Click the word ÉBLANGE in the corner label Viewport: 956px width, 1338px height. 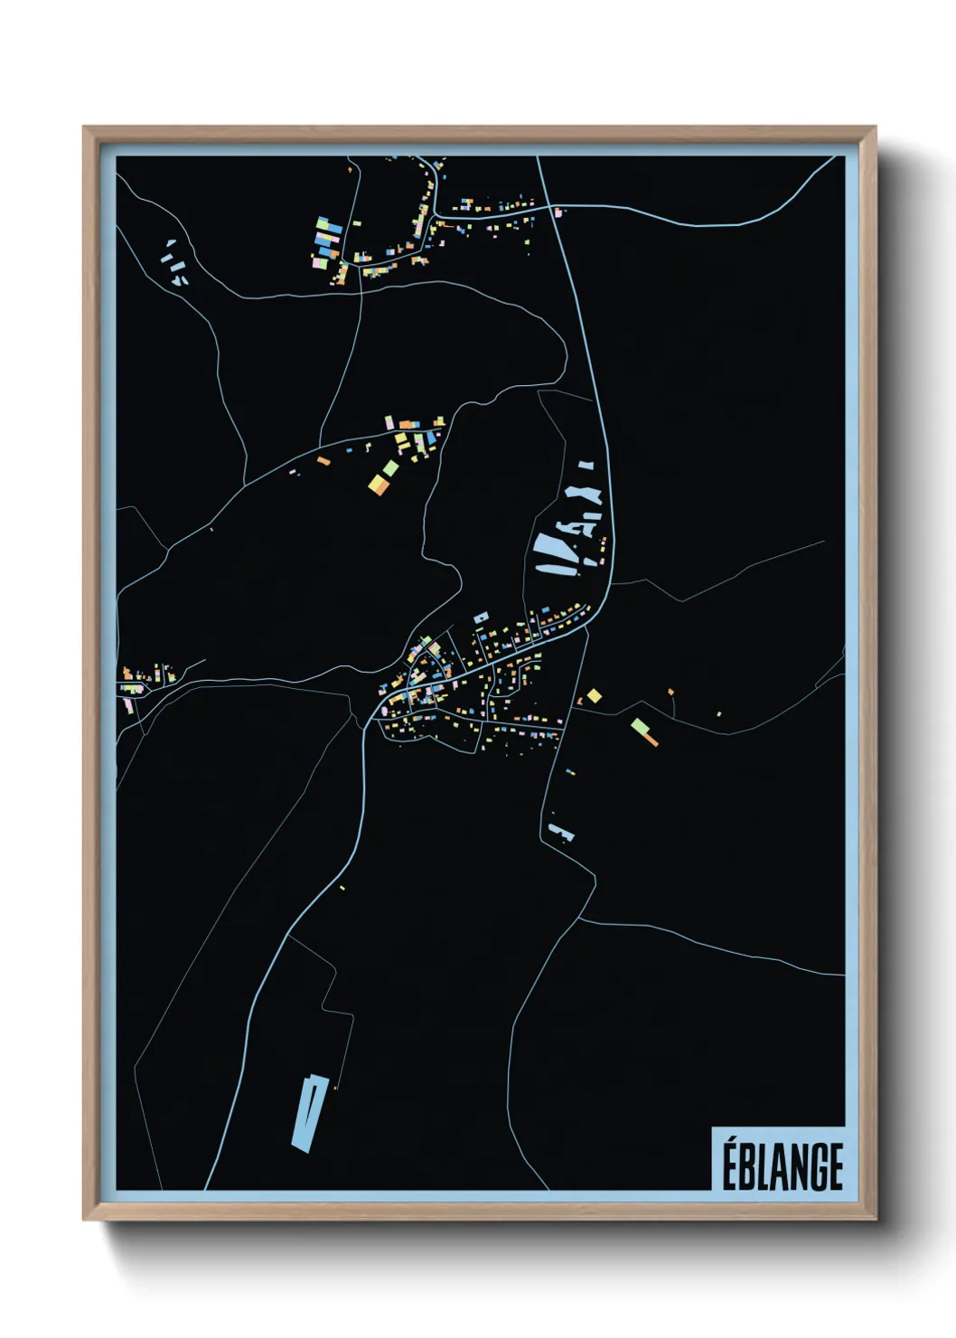coord(782,1166)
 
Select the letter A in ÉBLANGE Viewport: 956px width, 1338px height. coord(777,1167)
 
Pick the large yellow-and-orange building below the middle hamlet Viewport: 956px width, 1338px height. coord(379,485)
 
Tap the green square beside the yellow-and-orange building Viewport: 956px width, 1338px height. coord(390,468)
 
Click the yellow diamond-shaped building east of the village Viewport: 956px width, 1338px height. coord(594,695)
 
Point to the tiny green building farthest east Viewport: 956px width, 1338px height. coord(719,714)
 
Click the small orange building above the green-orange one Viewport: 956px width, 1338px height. coord(670,692)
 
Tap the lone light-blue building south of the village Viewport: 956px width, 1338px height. coord(559,832)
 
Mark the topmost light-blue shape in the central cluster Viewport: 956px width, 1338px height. coord(586,465)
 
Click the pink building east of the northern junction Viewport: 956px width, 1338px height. coord(558,212)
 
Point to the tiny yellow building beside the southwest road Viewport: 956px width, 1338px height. coord(342,888)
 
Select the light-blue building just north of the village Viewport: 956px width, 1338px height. coord(480,617)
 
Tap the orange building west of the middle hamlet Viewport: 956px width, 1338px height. coord(323,461)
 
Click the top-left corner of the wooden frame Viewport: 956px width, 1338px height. coord(84,127)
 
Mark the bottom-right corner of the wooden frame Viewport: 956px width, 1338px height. coord(875,1219)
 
